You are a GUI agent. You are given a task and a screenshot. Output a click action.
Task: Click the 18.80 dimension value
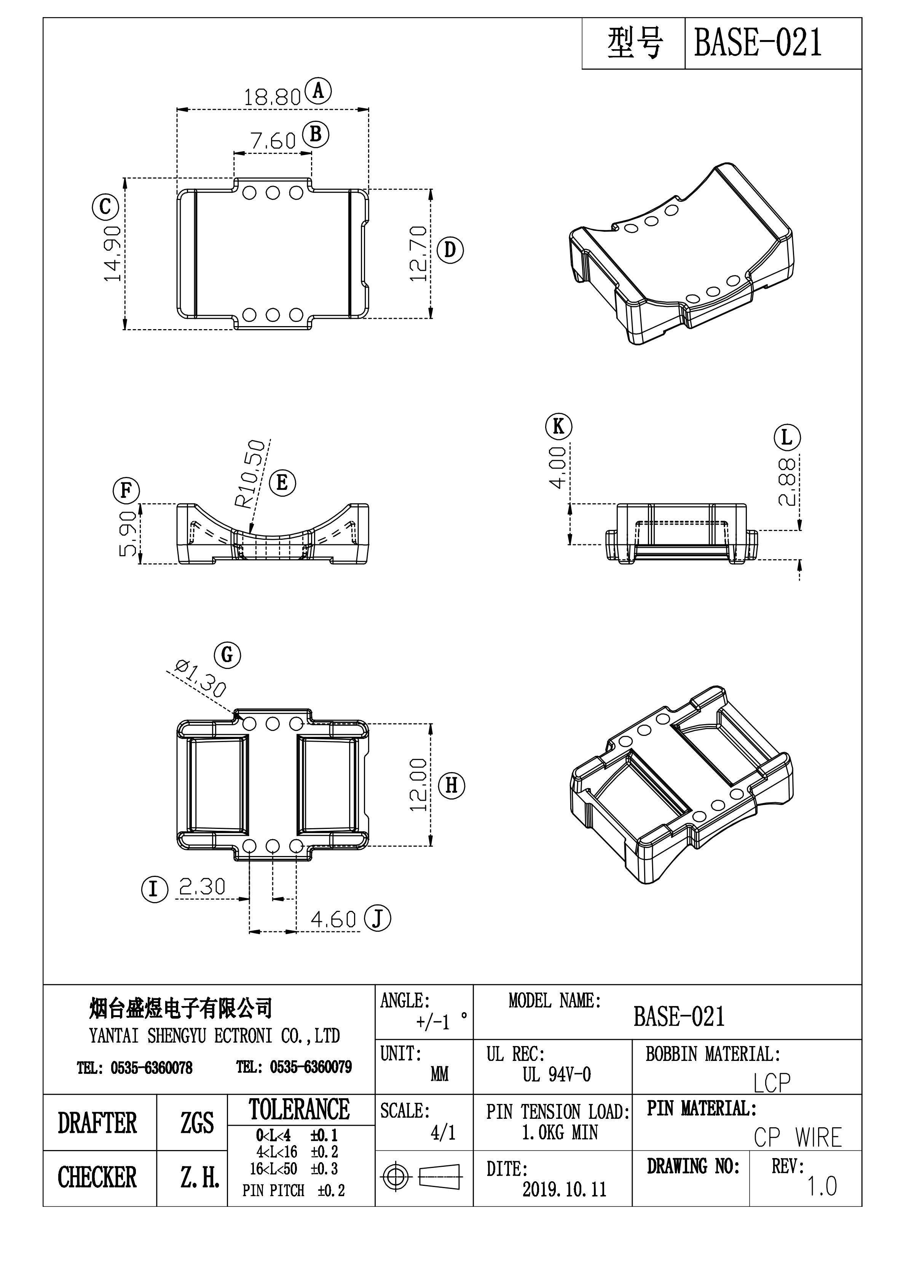(272, 98)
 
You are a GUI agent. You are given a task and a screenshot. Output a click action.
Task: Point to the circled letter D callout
(450, 250)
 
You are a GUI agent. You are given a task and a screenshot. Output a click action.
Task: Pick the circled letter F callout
(126, 491)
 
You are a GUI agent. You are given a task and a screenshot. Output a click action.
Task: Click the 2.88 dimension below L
(788, 482)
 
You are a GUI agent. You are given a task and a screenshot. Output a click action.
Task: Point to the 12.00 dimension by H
(418, 784)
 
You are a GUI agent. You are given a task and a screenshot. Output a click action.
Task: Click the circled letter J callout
(378, 919)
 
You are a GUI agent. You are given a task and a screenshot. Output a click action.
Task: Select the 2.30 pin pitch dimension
(202, 887)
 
